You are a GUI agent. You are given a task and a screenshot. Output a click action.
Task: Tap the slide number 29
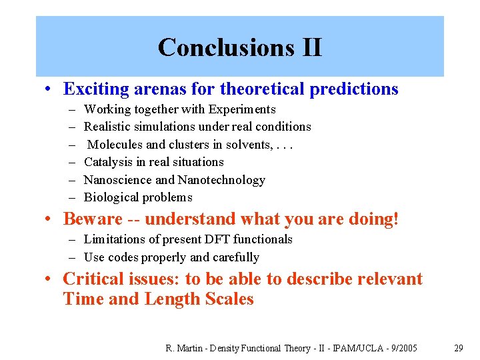click(459, 348)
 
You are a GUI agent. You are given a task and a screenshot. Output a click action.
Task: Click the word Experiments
click(242, 109)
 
